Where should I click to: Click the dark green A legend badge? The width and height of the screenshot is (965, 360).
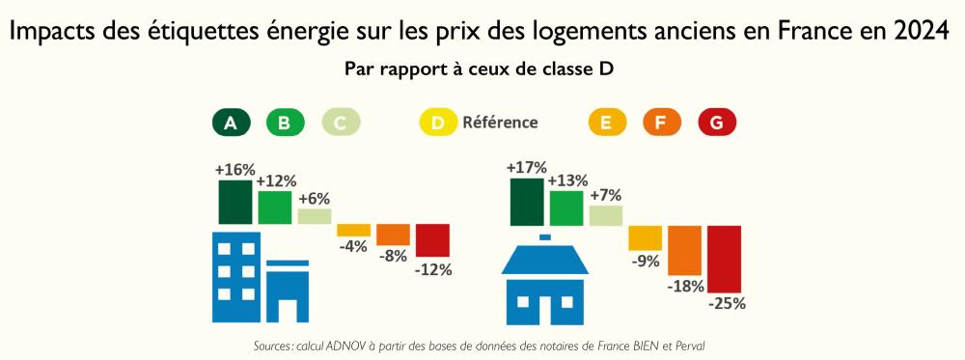tap(231, 123)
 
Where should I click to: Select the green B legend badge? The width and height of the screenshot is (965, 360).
tap(285, 123)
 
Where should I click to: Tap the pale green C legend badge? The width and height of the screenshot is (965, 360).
tap(340, 123)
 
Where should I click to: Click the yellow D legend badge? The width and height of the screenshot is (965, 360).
tap(438, 123)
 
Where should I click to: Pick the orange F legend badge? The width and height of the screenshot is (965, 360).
tap(661, 123)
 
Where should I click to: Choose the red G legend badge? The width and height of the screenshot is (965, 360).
tap(716, 123)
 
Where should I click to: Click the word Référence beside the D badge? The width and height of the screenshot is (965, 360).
tap(500, 123)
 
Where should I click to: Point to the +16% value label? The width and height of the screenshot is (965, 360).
tap(234, 170)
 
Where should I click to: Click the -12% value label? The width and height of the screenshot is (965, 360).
tap(432, 270)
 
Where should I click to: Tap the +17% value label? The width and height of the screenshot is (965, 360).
tap(527, 168)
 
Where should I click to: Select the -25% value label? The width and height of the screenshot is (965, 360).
tap(727, 303)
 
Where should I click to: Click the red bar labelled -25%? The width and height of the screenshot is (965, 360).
tap(724, 259)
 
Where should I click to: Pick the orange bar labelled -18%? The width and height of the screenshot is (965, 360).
tap(684, 250)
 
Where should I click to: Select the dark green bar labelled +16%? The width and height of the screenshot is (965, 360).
tap(234, 202)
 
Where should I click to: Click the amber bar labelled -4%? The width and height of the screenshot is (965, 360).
tap(353, 231)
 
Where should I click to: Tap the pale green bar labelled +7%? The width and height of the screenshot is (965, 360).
tap(606, 215)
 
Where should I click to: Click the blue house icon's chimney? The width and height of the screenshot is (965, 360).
tap(545, 236)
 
